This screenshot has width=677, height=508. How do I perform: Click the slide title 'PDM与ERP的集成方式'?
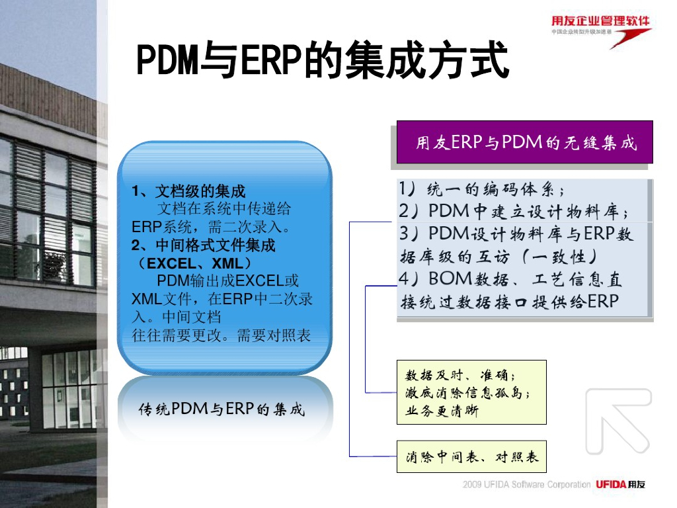click(x=323, y=60)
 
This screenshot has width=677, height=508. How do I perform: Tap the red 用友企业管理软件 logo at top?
click(x=601, y=31)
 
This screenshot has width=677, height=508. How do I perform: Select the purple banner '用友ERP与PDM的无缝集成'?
click(x=524, y=142)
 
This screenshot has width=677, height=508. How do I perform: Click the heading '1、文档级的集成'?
click(x=188, y=190)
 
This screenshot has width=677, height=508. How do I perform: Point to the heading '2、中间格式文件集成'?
click(x=203, y=245)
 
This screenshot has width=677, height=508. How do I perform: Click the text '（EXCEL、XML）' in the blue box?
click(x=194, y=263)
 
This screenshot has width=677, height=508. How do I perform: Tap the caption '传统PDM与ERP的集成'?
click(x=221, y=409)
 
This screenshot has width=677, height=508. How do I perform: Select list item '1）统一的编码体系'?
click(x=481, y=189)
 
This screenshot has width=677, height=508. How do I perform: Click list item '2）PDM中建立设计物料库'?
click(x=513, y=211)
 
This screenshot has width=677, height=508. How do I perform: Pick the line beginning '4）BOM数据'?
click(x=510, y=279)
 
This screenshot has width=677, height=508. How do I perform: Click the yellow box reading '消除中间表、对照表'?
click(x=471, y=456)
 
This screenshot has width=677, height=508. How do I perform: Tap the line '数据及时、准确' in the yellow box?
click(x=460, y=374)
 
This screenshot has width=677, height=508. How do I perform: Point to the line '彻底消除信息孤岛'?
click(x=467, y=393)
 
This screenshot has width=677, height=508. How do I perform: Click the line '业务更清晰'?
click(x=442, y=410)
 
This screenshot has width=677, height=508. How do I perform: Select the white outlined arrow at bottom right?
click(x=618, y=421)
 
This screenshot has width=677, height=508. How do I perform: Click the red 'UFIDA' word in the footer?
click(x=611, y=484)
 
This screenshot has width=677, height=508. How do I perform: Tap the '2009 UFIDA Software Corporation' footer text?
click(x=526, y=484)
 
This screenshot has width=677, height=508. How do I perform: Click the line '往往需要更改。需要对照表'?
click(x=221, y=335)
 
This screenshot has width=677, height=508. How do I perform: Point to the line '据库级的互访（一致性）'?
click(x=498, y=257)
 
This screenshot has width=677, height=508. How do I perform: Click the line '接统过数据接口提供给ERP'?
click(x=510, y=302)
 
